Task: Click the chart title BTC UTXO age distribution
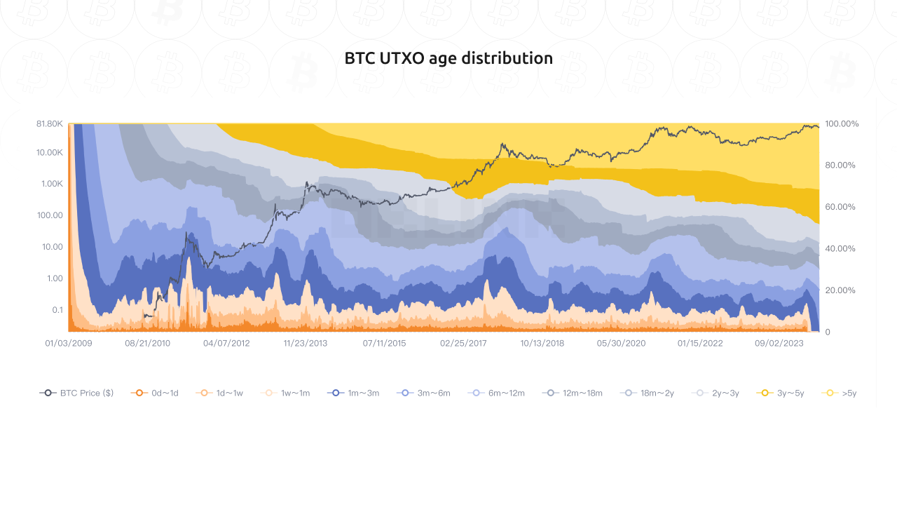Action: [448, 58]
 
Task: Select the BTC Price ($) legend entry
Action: [77, 393]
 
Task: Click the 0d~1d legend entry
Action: [155, 393]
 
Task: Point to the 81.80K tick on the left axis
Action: [50, 123]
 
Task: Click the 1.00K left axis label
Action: [52, 184]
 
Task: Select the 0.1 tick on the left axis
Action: [57, 310]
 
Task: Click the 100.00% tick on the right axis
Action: [842, 123]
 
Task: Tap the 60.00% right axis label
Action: [840, 207]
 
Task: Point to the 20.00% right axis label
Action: [840, 290]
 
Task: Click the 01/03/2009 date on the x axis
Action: [69, 344]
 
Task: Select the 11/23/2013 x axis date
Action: [306, 344]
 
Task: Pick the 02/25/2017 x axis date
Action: [463, 344]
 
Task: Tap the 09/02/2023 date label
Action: [779, 344]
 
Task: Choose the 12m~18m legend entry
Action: [573, 393]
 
